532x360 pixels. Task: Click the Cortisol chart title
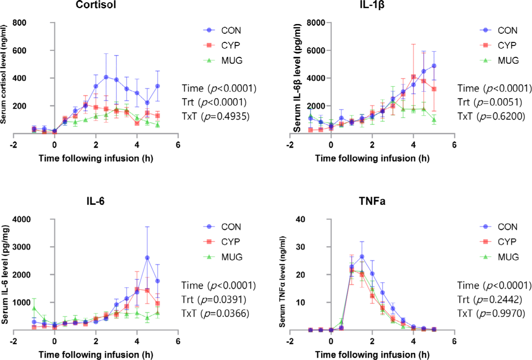coord(96,5)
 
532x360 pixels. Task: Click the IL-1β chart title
coord(372,5)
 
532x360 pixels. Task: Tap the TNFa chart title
coord(372,201)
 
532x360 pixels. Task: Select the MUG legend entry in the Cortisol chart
coord(231,60)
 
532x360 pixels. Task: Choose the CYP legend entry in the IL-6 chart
coord(230,242)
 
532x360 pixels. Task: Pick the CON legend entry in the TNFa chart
coord(507,227)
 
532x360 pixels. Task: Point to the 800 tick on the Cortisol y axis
coord(19,23)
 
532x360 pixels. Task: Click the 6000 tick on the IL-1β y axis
coord(316,50)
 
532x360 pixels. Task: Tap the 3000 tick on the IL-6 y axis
coord(21,247)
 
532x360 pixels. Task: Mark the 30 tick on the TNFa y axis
coord(301,247)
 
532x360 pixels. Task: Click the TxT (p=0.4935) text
coord(216,116)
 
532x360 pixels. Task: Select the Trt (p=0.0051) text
coord(490,102)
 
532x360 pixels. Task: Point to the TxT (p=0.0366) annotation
coord(215,313)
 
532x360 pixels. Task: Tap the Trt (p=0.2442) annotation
coord(490,300)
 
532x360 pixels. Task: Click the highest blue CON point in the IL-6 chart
coord(147,258)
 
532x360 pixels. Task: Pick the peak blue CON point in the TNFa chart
coord(362,257)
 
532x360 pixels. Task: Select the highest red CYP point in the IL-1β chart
coord(413,77)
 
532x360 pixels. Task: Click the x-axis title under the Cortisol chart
coord(96,158)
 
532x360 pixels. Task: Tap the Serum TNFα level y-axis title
coord(282,281)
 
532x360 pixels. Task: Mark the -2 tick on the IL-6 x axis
coord(13,341)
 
